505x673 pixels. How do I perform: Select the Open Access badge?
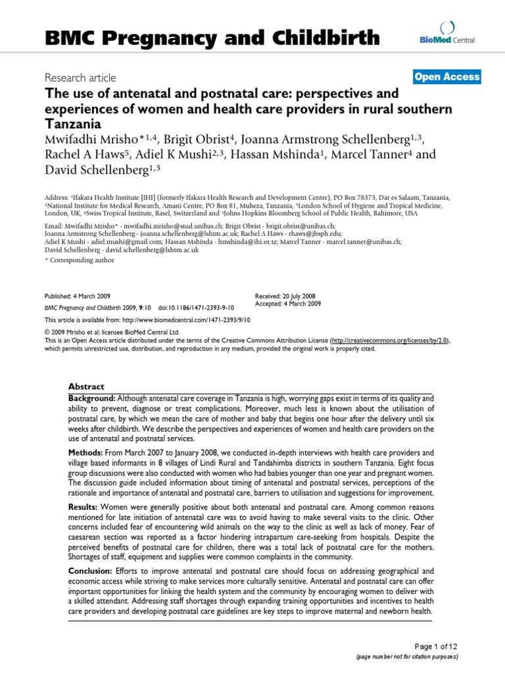point(447,77)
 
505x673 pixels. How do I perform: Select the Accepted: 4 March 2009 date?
point(287,304)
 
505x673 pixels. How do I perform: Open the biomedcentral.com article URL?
point(191,319)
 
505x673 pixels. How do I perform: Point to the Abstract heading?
point(86,386)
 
